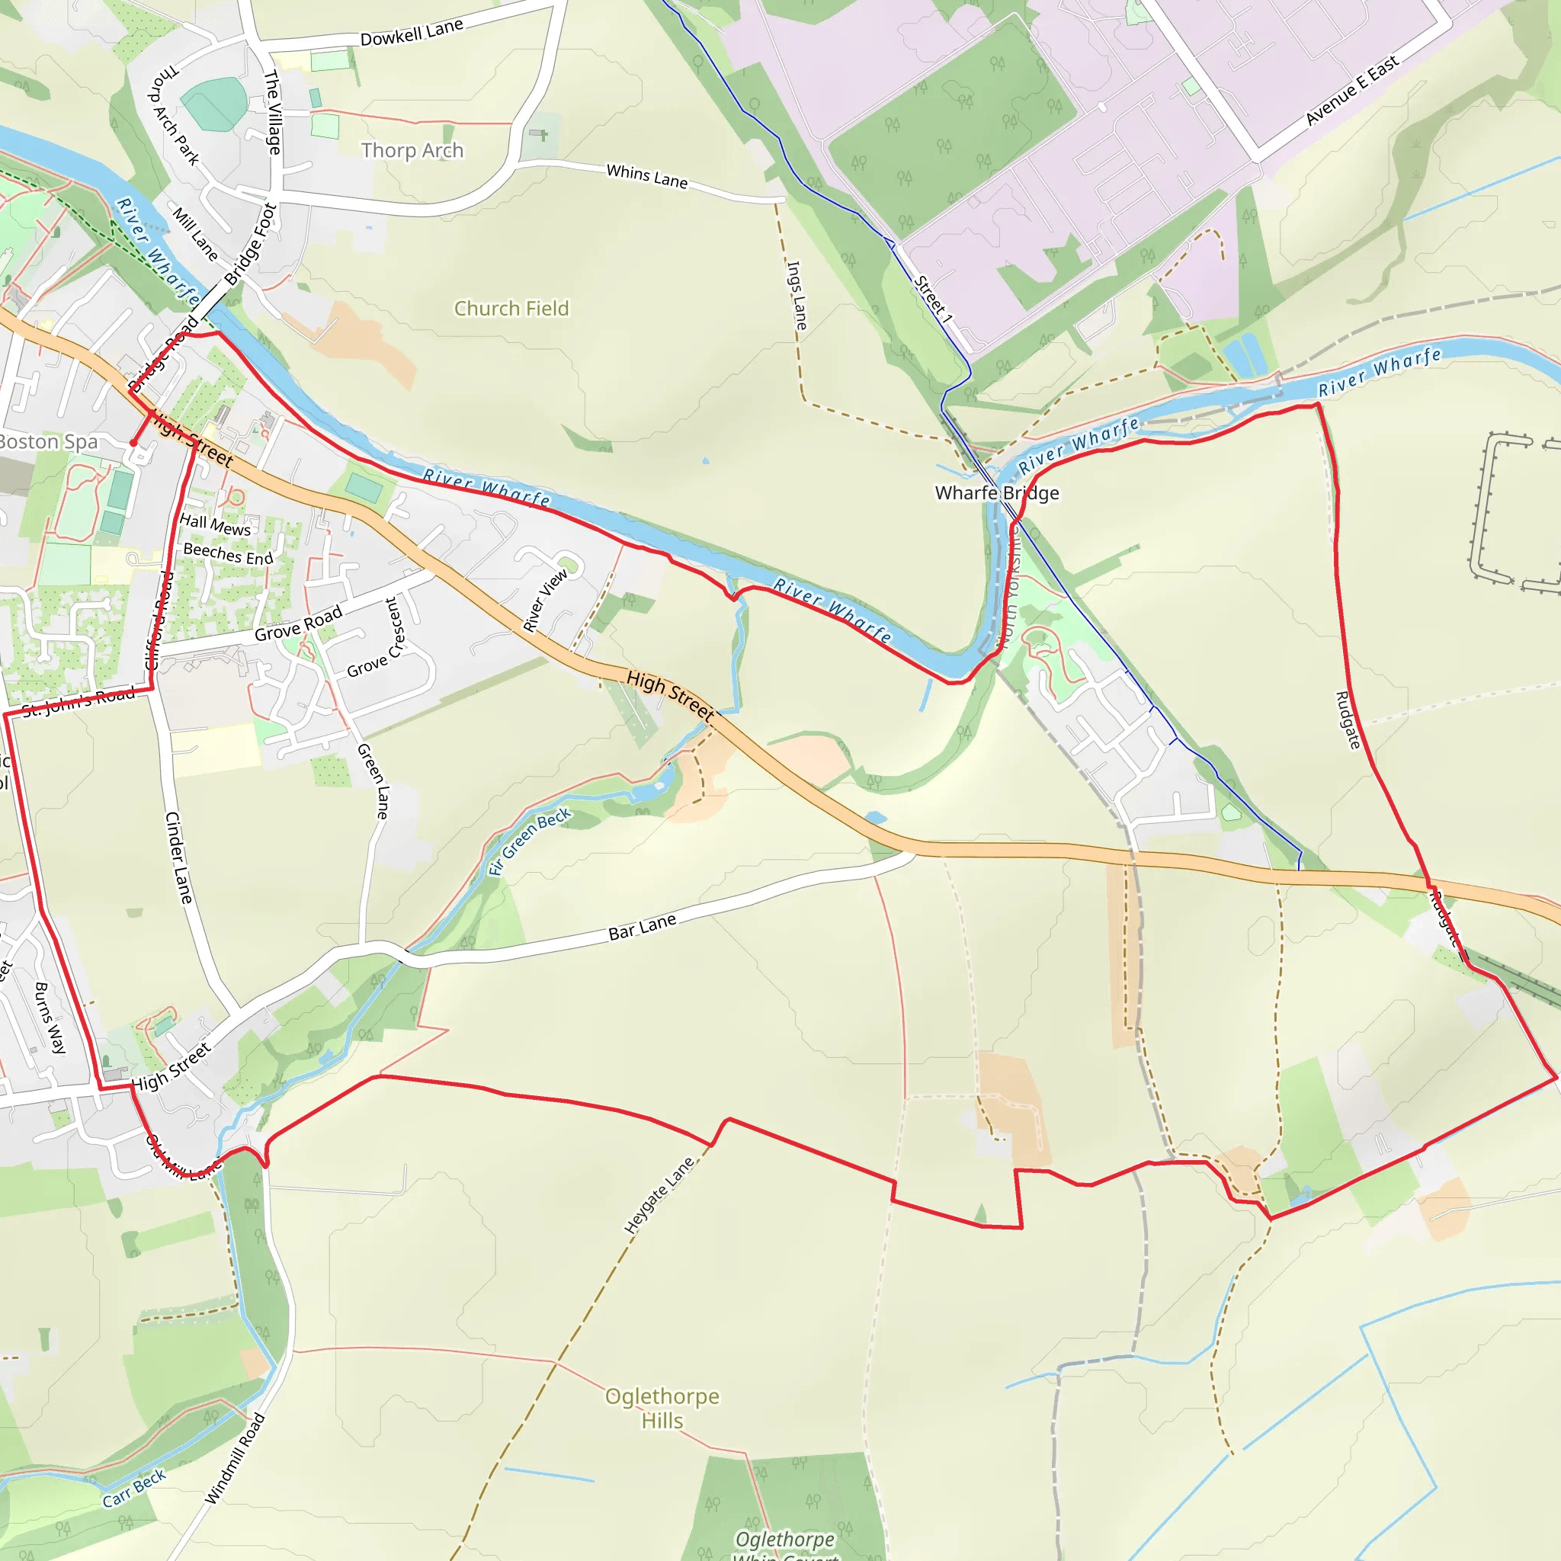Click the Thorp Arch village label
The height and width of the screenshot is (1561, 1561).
click(412, 151)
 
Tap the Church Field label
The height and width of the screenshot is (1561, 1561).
click(511, 309)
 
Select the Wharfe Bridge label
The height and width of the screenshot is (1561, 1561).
click(996, 493)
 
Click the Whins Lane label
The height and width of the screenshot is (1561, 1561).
click(646, 176)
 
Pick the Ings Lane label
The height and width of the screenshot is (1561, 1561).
click(797, 295)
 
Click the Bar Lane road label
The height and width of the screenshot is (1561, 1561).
click(643, 928)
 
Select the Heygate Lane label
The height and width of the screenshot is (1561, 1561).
click(659, 1195)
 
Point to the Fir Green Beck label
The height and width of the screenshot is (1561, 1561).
click(529, 841)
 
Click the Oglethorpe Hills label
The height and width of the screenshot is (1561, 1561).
click(662, 1409)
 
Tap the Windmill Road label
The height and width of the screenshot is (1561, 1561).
click(235, 1458)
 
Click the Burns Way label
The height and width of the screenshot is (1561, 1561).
click(50, 1018)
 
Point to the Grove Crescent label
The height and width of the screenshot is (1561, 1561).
click(380, 639)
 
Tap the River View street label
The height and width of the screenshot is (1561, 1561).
click(546, 601)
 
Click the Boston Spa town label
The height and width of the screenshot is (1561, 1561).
click(49, 442)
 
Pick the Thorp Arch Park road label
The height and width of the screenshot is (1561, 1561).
click(175, 117)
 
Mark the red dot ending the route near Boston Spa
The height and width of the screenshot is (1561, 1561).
click(133, 443)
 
